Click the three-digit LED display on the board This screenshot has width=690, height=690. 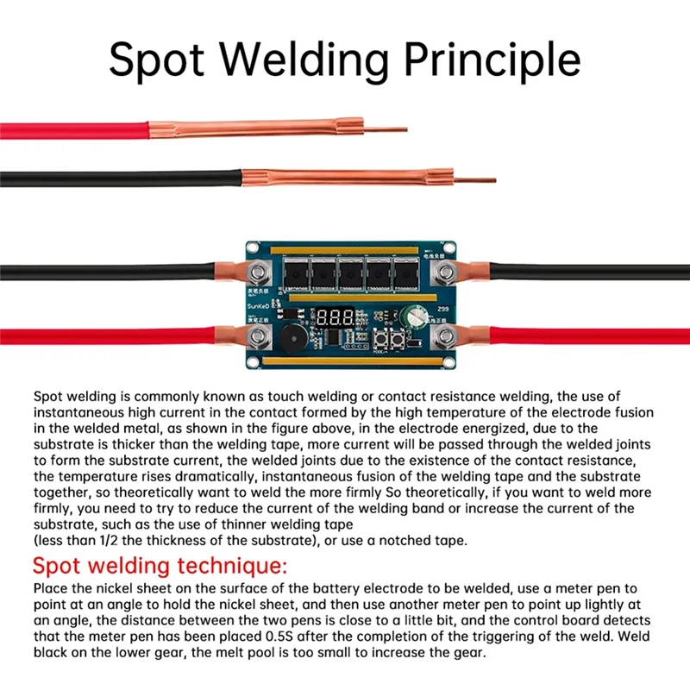coord(335,317)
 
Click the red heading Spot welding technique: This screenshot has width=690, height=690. coord(155,567)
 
